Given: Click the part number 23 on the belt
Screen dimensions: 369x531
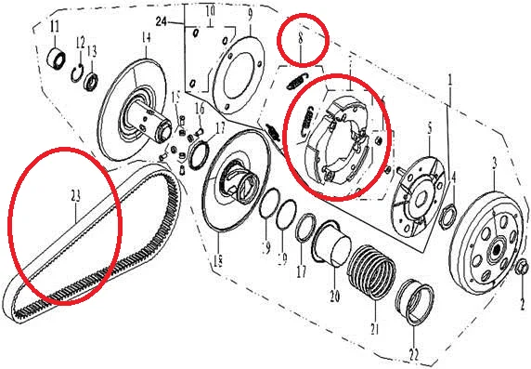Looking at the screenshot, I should [75, 195].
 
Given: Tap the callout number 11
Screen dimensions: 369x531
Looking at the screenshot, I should [54, 24].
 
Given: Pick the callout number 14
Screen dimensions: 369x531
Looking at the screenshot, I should [145, 37].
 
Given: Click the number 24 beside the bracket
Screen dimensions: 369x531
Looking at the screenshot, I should [162, 20].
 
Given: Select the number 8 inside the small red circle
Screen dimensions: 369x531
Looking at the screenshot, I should [301, 40].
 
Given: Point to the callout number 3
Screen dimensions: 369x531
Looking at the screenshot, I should [494, 163].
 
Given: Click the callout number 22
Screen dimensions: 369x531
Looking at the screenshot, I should [413, 354].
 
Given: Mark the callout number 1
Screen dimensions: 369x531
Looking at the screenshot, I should [450, 81].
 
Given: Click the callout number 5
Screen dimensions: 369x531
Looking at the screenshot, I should [429, 126].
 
